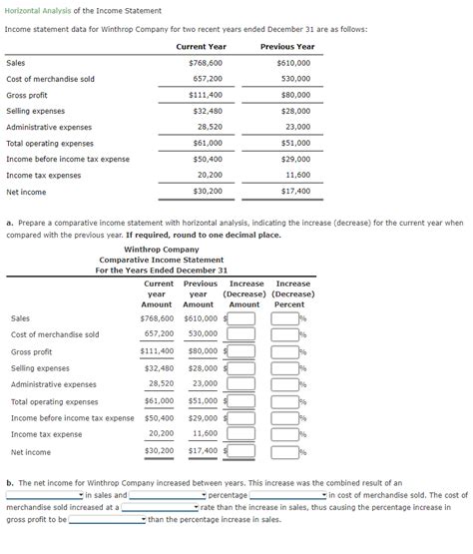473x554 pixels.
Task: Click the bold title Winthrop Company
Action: [162, 249]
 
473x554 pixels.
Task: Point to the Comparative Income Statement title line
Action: [162, 260]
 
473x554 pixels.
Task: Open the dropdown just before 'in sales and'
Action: [45, 495]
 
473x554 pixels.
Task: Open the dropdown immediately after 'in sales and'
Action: [166, 495]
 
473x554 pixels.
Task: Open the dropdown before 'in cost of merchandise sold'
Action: [287, 495]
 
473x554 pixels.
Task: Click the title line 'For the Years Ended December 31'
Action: [162, 271]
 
